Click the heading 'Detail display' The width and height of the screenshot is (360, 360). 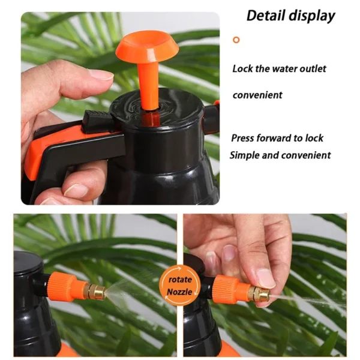pyautogui.click(x=290, y=16)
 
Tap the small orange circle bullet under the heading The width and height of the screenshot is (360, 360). pyautogui.click(x=236, y=40)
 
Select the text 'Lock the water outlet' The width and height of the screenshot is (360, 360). pyautogui.click(x=279, y=68)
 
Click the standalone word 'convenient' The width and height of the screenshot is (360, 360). pyautogui.click(x=257, y=95)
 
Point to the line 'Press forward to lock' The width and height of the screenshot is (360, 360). pyautogui.click(x=277, y=138)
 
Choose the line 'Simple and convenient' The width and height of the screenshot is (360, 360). pyautogui.click(x=280, y=155)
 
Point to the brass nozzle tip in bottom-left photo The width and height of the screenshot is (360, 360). pyautogui.click(x=97, y=292)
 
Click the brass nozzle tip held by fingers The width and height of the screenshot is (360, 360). pyautogui.click(x=260, y=294)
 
